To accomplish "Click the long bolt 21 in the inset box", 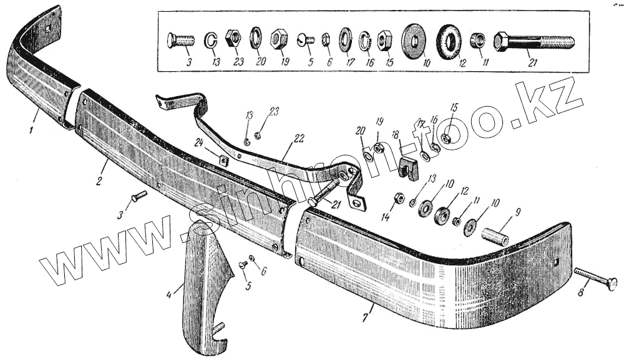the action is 534,43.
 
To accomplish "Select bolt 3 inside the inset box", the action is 180,41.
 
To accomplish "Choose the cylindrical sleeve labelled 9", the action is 494,236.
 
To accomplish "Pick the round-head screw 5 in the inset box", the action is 305,41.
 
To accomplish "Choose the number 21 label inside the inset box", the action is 532,63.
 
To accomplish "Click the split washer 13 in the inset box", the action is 211,41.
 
